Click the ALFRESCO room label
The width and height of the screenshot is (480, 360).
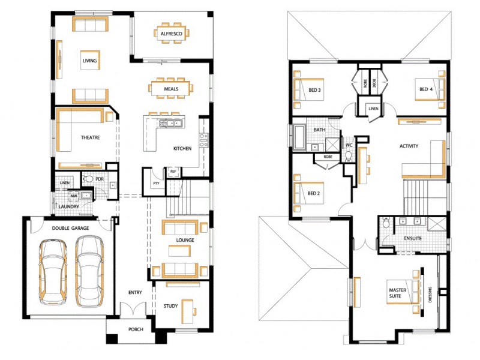[171, 34]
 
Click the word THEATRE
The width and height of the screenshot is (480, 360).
[90, 137]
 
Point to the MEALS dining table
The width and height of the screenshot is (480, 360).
[171, 88]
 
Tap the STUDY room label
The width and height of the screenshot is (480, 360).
[170, 306]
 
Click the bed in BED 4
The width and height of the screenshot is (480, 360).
[430, 89]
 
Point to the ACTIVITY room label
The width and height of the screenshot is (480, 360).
[409, 146]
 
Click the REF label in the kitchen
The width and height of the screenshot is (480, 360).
[173, 172]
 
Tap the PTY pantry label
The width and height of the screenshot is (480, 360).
[155, 183]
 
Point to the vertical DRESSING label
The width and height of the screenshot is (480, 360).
[430, 294]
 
